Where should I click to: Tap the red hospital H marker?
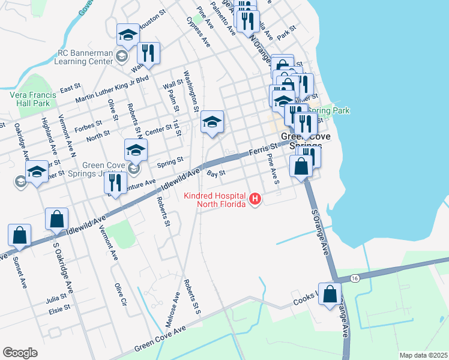click(x=255, y=199)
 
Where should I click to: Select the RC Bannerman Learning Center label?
click(x=84, y=56)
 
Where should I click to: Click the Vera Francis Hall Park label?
click(x=33, y=99)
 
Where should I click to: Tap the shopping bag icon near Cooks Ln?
click(x=330, y=295)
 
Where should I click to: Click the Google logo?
click(x=20, y=352)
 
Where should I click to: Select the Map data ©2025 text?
click(x=423, y=355)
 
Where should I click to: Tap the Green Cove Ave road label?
click(x=160, y=338)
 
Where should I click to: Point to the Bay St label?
click(x=215, y=173)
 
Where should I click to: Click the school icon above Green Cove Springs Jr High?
click(x=136, y=151)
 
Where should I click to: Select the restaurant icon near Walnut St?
click(x=148, y=53)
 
